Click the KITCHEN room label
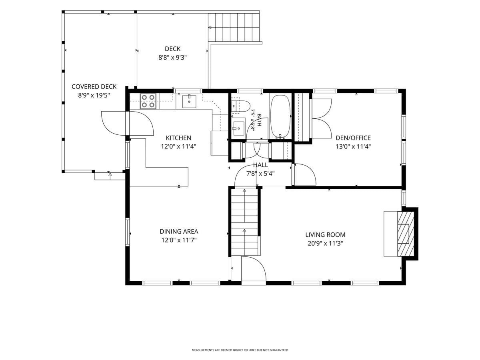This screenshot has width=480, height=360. [178, 138]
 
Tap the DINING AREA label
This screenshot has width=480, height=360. [179, 232]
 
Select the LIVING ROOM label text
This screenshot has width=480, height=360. [325, 235]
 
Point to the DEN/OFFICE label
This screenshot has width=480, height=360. [353, 138]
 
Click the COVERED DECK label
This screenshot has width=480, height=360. [94, 87]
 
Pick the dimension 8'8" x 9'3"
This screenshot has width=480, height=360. [172, 58]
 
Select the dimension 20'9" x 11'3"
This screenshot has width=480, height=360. [325, 244]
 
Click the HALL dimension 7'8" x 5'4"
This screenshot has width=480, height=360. [260, 174]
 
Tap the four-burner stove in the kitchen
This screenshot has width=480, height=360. [148, 101]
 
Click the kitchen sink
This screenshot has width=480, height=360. [189, 102]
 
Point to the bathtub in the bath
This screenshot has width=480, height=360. [280, 116]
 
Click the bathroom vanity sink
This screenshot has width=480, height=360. [238, 128]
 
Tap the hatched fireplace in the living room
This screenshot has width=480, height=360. [406, 234]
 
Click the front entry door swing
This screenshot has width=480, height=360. [254, 268]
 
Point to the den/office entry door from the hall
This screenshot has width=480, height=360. [305, 174]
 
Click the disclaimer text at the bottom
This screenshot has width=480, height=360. [240, 350]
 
